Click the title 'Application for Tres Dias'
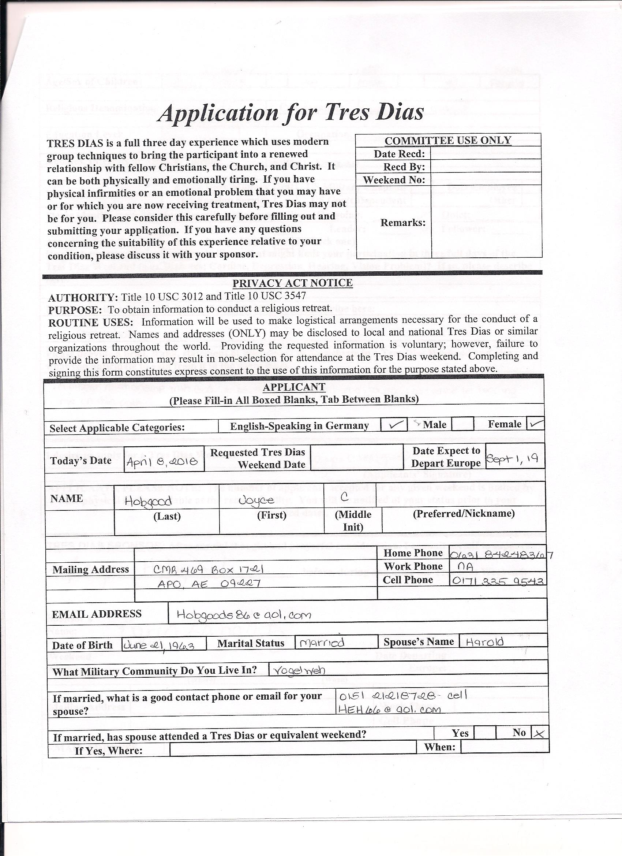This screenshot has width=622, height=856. point(291,112)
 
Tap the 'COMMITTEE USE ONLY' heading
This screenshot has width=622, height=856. point(448,140)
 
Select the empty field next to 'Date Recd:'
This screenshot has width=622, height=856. point(486,154)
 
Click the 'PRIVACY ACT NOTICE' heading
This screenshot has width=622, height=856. point(292,283)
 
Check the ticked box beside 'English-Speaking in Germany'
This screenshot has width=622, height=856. point(394,425)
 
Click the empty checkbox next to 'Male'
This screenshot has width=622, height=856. point(462,424)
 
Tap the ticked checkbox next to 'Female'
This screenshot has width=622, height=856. point(536,424)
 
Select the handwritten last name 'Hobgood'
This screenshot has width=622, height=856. point(148,501)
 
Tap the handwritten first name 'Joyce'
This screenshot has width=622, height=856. point(256,500)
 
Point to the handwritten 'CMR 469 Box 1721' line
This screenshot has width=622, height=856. point(209,569)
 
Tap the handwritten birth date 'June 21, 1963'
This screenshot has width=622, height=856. point(159,645)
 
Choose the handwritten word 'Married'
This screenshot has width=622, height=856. point(321,643)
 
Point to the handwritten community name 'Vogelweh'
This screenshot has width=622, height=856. point(299,670)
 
